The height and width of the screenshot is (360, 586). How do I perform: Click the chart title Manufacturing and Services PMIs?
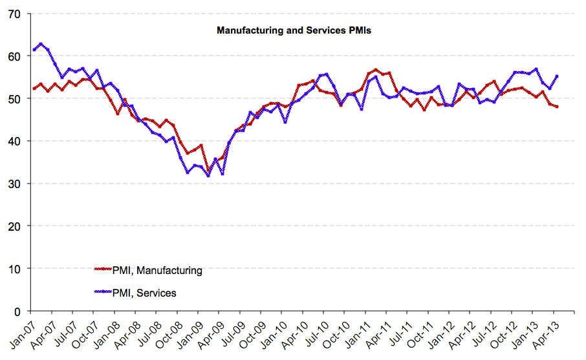293,30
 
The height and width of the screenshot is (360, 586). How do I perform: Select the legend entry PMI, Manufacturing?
157,271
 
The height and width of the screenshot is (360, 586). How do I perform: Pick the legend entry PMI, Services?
144,293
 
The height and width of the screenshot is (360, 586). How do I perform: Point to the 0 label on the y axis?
19,312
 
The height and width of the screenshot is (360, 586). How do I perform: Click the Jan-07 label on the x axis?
21,333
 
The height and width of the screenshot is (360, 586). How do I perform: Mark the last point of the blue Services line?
557,76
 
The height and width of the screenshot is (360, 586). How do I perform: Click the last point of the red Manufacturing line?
557,107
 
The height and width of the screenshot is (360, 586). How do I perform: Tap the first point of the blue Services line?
34,50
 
